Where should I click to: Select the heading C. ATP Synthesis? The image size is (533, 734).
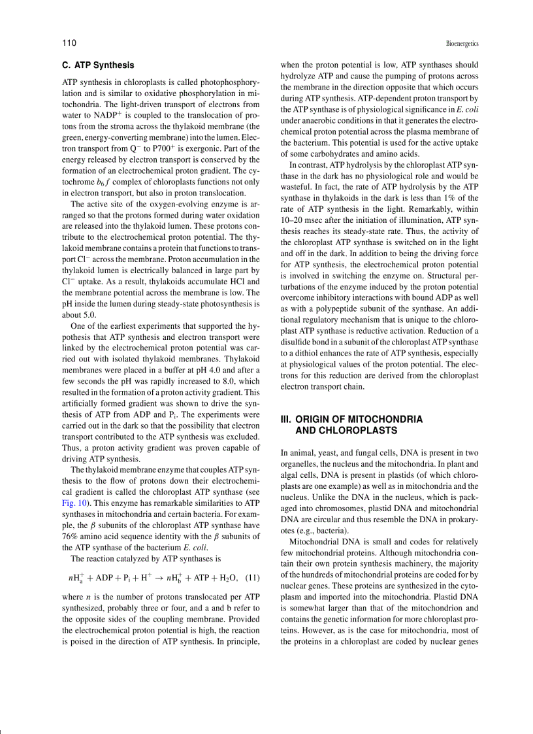pyautogui.click(x=98, y=65)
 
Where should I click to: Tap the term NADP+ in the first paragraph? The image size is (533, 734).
pyautogui.click(x=101, y=115)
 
